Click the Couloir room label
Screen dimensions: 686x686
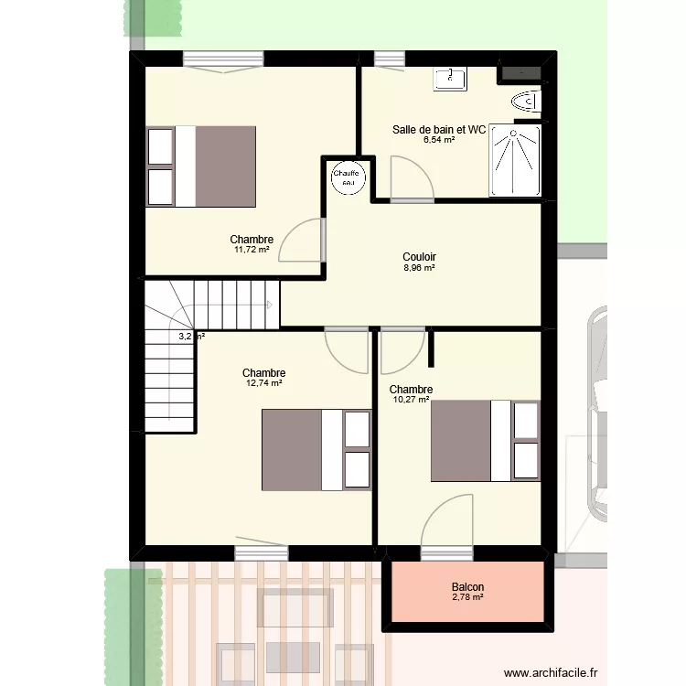pos(419,257)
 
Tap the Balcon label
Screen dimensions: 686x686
pos(467,587)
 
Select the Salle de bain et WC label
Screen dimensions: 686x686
pos(438,130)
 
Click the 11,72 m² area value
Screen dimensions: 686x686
pos(252,250)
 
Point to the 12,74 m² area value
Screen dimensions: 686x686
pos(263,383)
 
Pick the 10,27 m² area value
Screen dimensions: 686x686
pos(411,400)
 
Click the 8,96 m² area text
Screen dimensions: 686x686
pos(419,268)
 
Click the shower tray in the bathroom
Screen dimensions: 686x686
pos(516,161)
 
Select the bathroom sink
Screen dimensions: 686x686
pos(451,79)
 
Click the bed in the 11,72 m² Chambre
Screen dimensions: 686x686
pos(200,166)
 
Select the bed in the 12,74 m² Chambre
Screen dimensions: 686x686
pos(316,450)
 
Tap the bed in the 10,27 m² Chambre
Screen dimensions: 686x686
pos(485,440)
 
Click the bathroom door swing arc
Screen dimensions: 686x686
pos(406,176)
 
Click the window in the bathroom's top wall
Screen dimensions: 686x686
pos(389,59)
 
